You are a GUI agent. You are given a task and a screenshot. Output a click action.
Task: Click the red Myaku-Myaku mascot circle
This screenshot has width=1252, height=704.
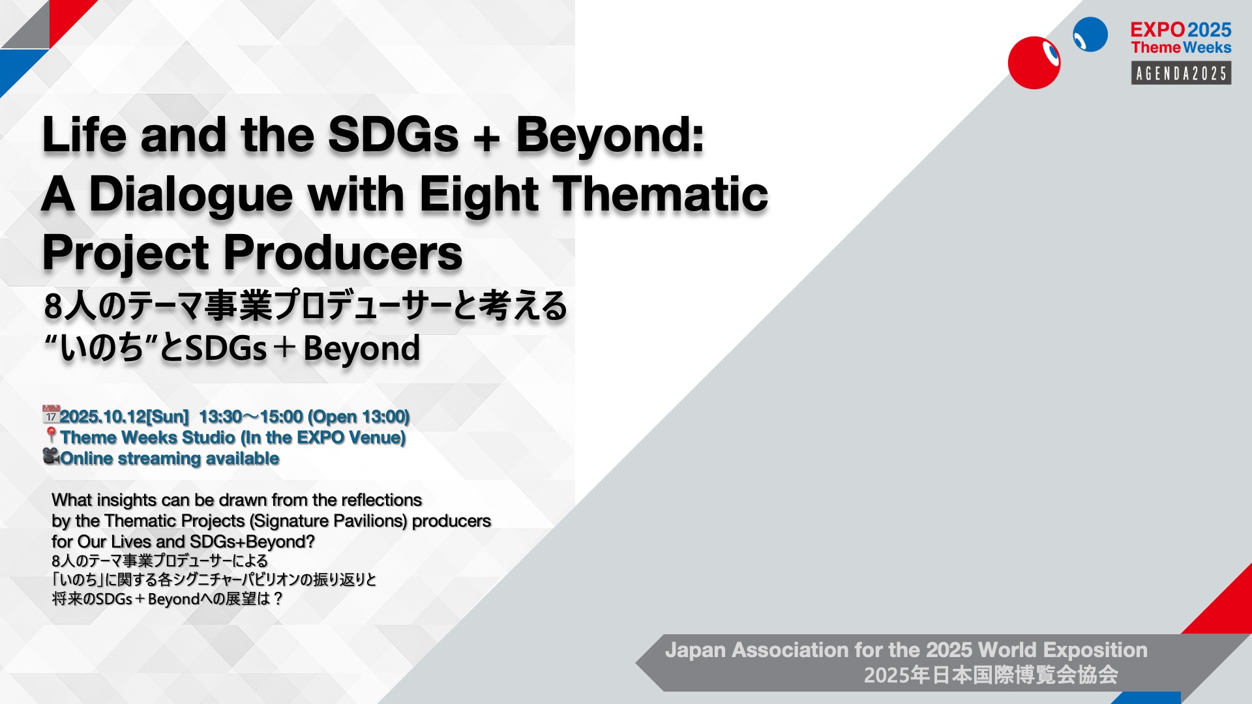point(1034,63)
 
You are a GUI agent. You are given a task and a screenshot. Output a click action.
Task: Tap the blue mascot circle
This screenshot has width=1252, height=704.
point(1090,35)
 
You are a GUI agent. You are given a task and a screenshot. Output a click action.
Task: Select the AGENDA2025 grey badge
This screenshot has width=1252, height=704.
point(1181,73)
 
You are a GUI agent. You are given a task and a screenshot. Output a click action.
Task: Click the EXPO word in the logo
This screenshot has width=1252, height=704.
point(1157,30)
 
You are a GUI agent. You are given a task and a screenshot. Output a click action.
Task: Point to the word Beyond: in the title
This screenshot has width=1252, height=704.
point(610,136)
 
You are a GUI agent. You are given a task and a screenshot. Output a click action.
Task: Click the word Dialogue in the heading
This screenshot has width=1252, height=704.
point(191,196)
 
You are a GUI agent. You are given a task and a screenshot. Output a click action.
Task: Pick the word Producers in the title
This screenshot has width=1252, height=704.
point(343,253)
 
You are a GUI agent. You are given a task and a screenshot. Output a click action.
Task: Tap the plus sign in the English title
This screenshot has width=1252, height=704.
point(487,138)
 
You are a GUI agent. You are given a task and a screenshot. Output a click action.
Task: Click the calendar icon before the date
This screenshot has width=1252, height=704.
point(51,415)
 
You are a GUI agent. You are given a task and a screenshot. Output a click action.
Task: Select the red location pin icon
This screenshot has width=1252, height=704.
point(51,435)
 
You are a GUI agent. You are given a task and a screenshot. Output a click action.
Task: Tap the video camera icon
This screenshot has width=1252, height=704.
point(52,456)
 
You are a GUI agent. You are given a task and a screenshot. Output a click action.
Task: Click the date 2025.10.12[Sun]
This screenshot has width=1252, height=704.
point(124,417)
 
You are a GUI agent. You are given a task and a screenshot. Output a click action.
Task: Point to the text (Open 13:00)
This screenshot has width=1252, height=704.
point(359,417)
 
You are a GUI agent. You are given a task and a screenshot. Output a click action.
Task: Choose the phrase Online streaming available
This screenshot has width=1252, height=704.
point(170,458)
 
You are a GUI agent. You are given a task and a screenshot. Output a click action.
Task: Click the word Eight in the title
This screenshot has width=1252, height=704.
point(479,196)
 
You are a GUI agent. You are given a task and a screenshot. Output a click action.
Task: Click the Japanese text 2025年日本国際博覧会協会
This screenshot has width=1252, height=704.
point(991,675)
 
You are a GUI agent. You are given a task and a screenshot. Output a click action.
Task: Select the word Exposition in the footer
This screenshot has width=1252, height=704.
point(1095,650)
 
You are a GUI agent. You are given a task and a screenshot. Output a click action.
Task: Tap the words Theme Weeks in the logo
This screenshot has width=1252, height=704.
point(1181,48)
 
